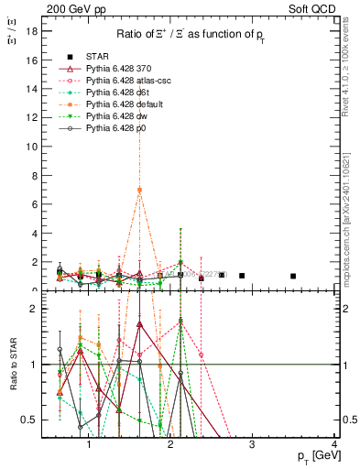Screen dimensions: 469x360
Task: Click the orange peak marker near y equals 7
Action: tap(139, 190)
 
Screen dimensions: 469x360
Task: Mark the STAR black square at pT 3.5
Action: tap(293, 276)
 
